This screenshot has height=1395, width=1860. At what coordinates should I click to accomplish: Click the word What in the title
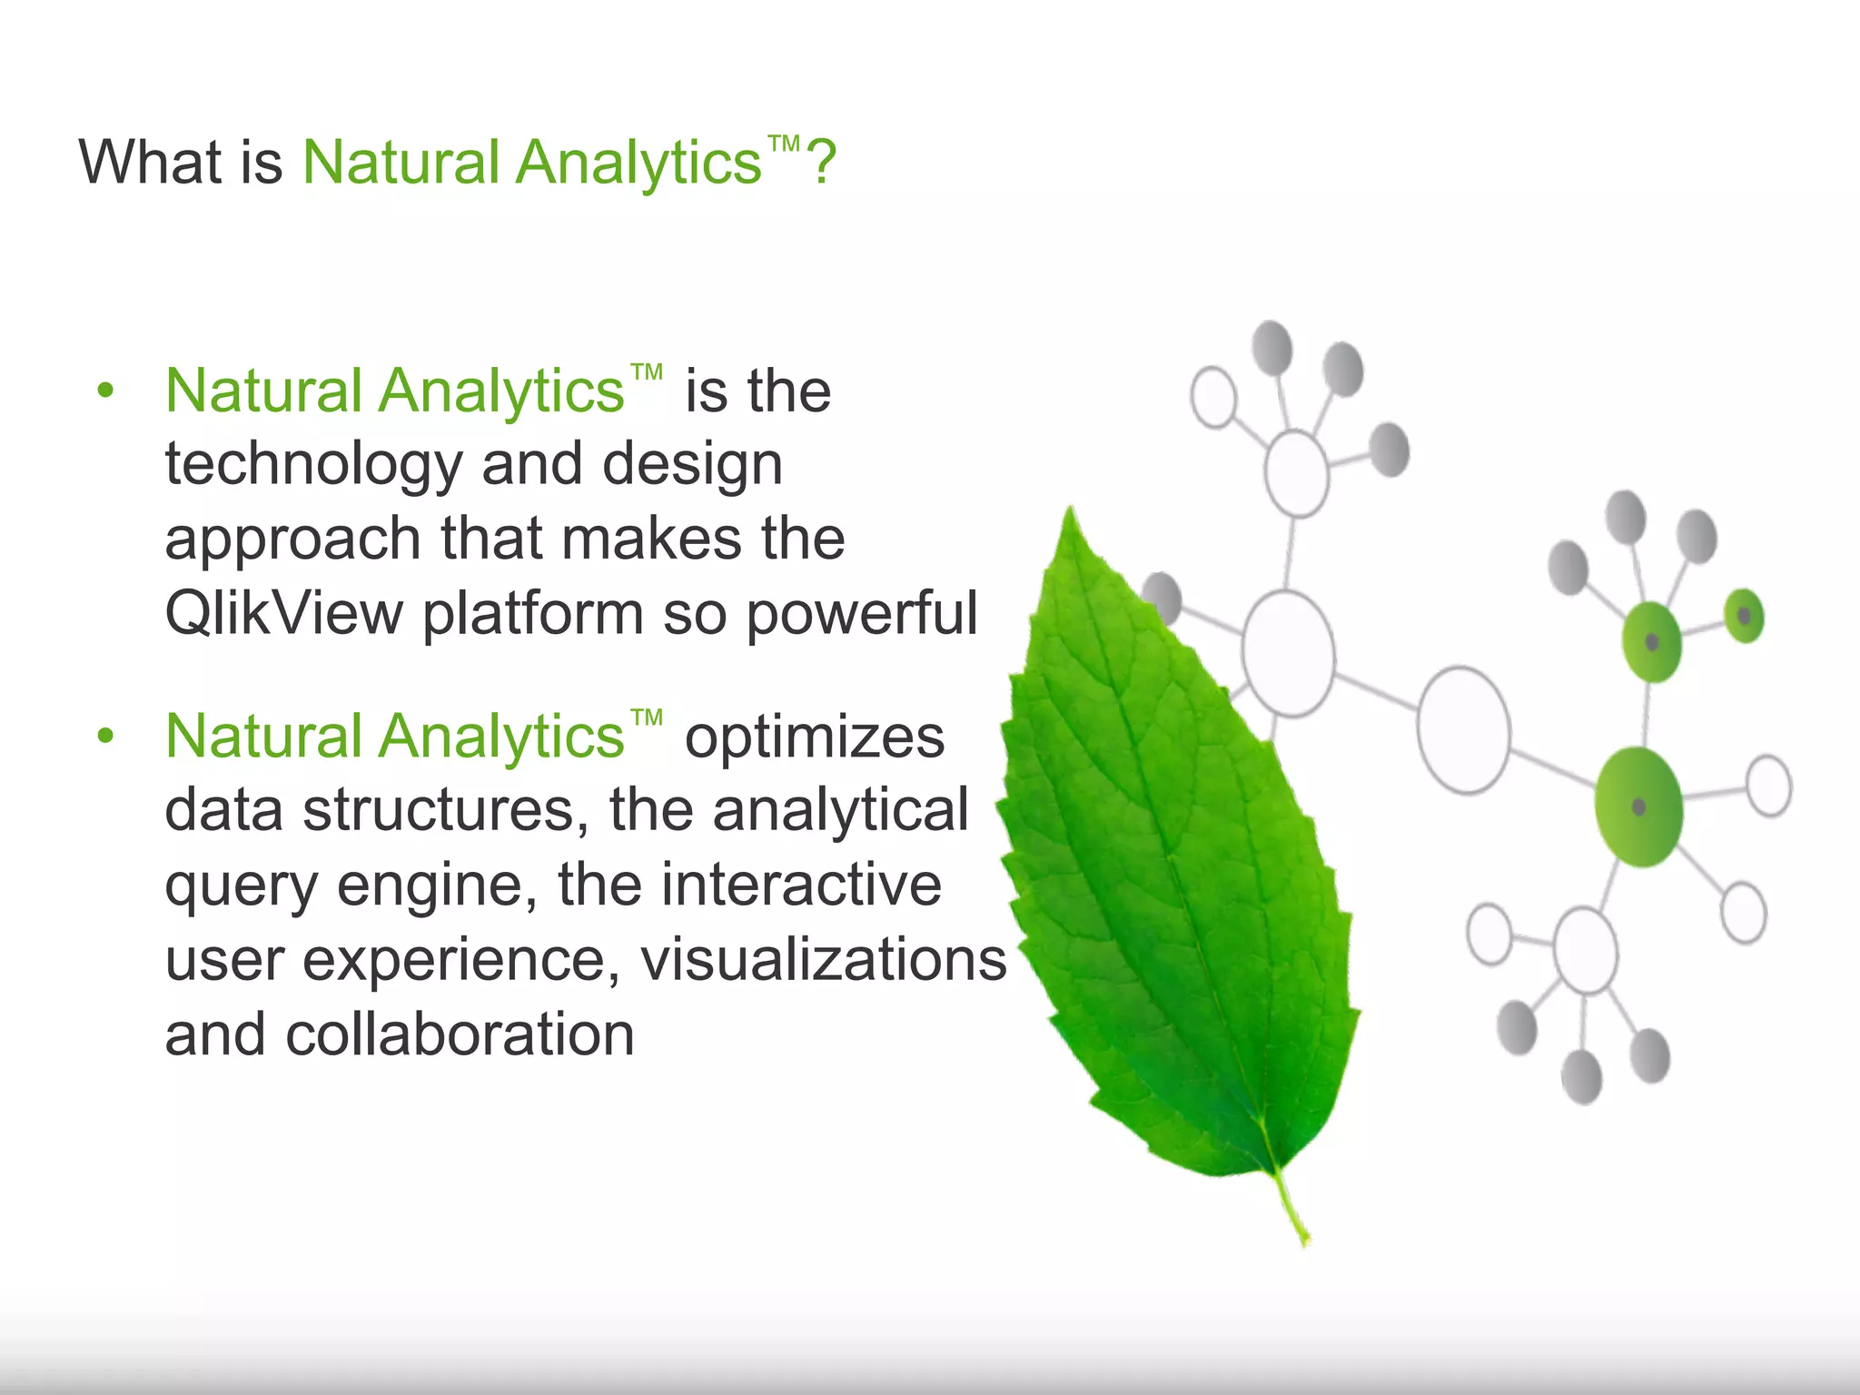click(151, 163)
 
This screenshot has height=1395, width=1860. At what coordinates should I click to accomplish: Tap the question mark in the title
click(821, 163)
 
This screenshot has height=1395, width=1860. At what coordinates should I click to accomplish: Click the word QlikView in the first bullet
click(283, 614)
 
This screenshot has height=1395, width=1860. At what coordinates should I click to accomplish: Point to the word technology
click(313, 466)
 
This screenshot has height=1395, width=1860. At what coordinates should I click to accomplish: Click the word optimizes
click(814, 737)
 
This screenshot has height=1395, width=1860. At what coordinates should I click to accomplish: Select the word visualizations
click(824, 960)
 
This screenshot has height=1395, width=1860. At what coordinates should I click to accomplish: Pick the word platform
click(533, 614)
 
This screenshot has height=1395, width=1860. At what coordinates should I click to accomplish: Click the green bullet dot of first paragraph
click(106, 391)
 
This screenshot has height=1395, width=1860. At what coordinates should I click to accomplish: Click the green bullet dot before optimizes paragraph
click(106, 737)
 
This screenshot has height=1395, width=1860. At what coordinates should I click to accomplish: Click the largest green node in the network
click(1639, 806)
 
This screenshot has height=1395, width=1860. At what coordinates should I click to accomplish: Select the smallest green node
click(1744, 616)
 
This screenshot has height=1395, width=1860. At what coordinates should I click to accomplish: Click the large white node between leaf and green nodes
click(1463, 730)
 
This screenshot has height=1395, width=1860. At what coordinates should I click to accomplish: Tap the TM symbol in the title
click(783, 144)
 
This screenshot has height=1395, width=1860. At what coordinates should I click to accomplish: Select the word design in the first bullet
click(692, 464)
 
